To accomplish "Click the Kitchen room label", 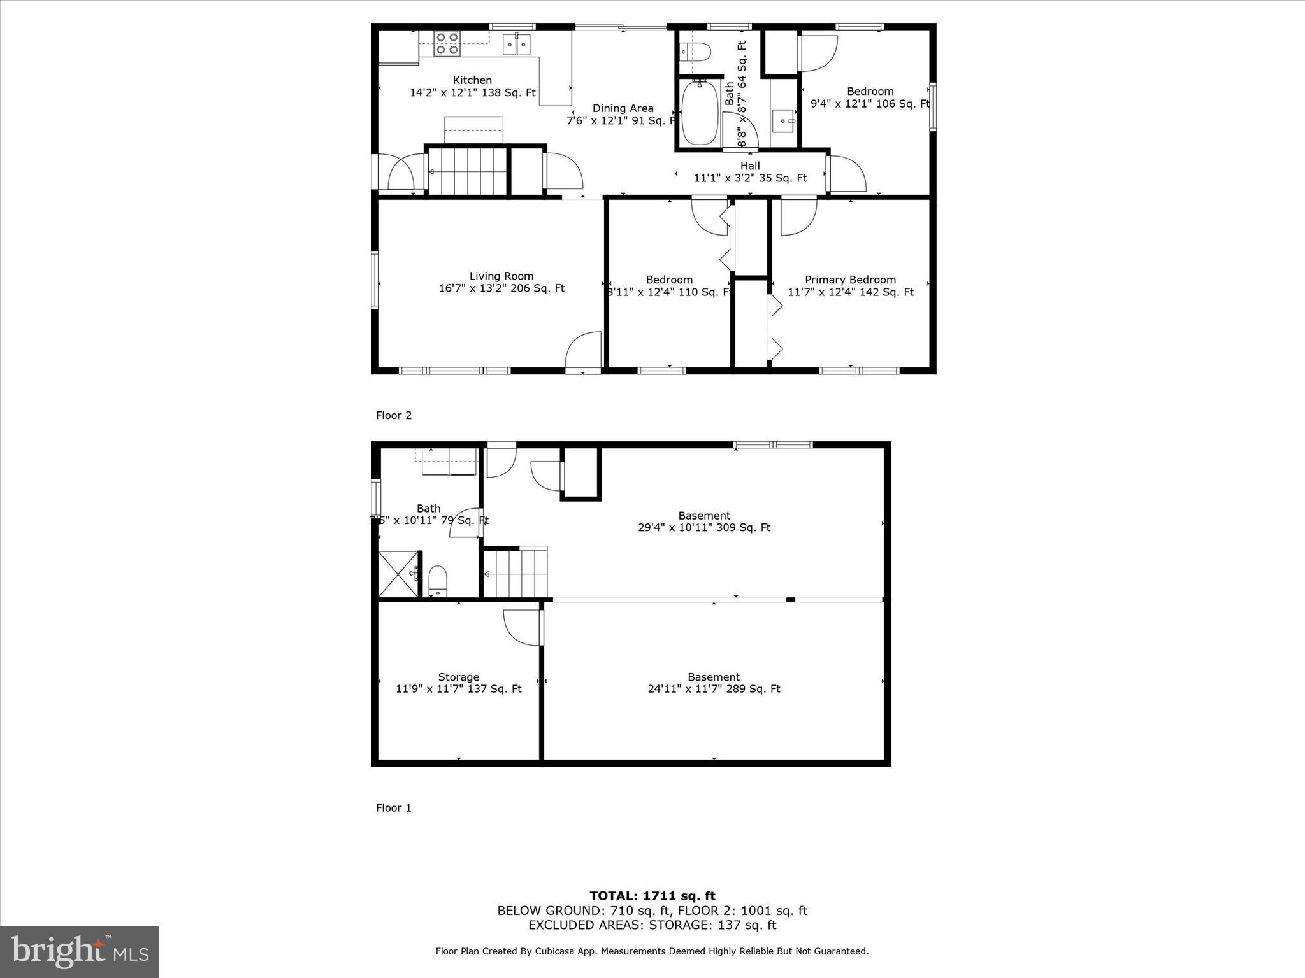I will click(472, 80).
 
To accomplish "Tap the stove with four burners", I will click(447, 43).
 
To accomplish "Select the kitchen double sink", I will click(517, 44).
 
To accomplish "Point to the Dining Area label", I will click(623, 108).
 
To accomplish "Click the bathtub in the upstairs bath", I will click(700, 112).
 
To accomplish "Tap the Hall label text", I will click(750, 166).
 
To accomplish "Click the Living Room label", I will click(501, 276).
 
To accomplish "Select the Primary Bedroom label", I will click(850, 280).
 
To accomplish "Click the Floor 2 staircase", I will click(467, 171).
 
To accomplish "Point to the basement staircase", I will click(516, 574).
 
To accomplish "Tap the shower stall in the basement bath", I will click(398, 574).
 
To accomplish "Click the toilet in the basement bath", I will click(438, 581).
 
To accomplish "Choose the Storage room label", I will click(458, 677).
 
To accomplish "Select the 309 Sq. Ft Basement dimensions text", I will click(704, 528).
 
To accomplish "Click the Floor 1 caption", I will click(394, 808).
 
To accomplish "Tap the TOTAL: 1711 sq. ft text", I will click(652, 896).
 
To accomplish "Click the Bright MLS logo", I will click(80, 951).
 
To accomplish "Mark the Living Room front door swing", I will click(584, 350).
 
